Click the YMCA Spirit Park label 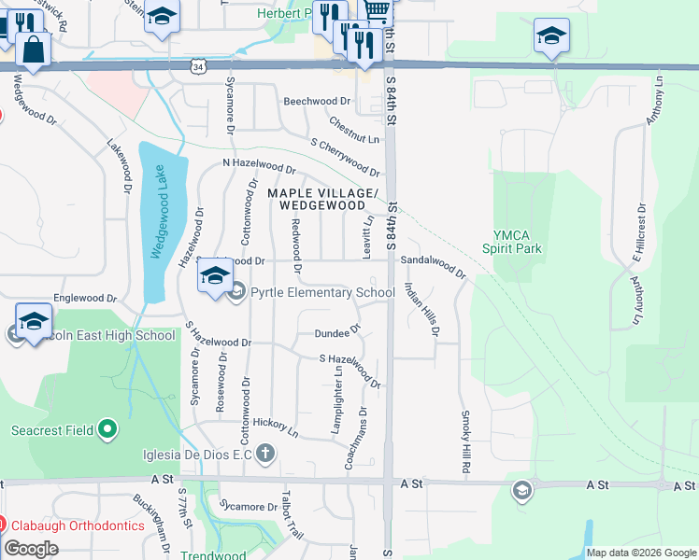click(x=512, y=242)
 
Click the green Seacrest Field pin click(x=108, y=429)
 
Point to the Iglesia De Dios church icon click(x=266, y=455)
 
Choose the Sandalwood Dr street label click(x=434, y=268)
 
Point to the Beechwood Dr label click(x=317, y=100)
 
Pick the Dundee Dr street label click(x=337, y=331)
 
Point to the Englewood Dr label click(x=85, y=299)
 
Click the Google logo click(x=31, y=549)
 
